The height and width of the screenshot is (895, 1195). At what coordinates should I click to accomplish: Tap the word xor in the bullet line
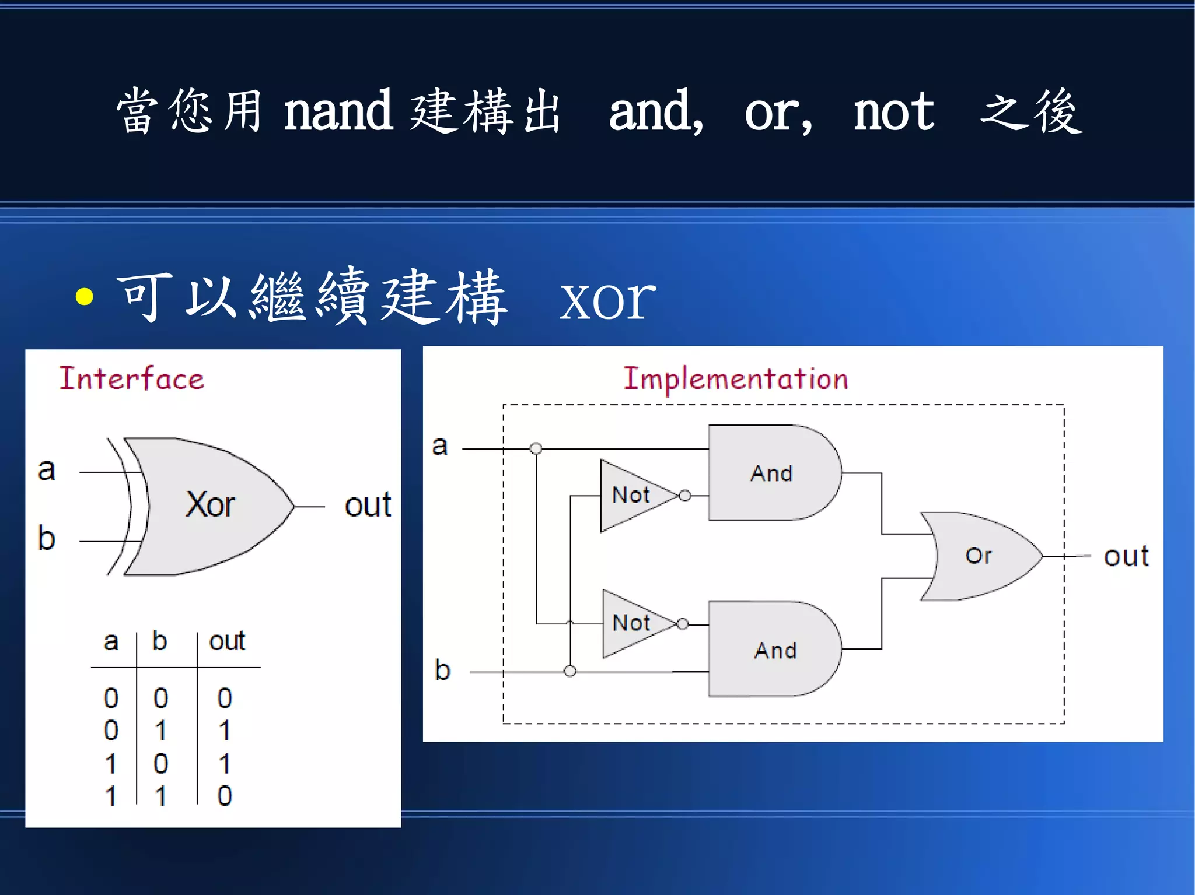(607, 299)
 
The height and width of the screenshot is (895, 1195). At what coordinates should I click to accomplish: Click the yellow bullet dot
(85, 296)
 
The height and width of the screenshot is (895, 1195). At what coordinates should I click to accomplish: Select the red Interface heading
(132, 378)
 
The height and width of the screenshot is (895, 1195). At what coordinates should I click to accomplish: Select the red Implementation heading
(736, 378)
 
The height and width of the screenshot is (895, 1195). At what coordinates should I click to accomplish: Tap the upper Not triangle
(630, 496)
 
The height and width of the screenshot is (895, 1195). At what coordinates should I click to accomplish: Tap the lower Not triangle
(631, 623)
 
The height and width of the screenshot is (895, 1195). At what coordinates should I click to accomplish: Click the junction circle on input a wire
(536, 448)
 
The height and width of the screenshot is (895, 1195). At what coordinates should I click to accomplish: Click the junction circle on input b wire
(570, 671)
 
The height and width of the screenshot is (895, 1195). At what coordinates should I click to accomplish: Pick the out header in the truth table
(227, 641)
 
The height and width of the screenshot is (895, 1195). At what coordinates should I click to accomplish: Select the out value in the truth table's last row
(225, 796)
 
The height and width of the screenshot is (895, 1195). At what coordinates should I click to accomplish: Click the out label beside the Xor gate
(368, 505)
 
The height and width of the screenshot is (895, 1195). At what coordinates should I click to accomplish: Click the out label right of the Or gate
(1126, 556)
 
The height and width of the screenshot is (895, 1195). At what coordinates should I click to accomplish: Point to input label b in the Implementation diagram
(442, 670)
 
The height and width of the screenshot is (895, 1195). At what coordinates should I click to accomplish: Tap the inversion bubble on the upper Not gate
(685, 496)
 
